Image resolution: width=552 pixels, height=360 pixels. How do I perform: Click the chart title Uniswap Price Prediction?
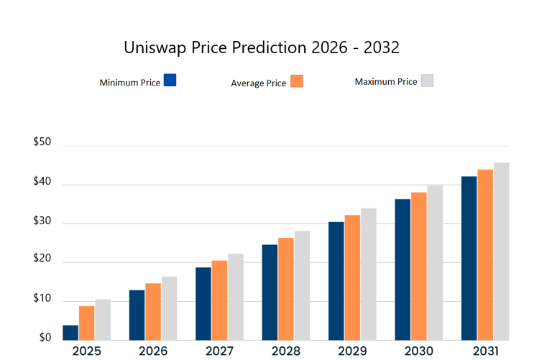[262, 48]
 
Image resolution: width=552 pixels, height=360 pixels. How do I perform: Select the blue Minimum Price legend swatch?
[170, 80]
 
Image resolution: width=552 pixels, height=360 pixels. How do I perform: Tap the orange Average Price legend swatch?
[297, 81]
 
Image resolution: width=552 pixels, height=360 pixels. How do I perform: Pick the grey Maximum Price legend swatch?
[427, 80]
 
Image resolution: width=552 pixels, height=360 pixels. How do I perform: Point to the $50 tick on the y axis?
[42, 142]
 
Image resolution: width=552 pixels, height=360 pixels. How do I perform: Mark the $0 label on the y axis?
[45, 338]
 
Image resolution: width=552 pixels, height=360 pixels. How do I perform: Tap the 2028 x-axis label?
[286, 351]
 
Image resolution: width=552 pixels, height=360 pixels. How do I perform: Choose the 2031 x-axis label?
[485, 351]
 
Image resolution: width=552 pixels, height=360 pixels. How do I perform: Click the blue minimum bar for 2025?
[70, 333]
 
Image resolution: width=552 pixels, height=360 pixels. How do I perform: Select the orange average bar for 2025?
[86, 323]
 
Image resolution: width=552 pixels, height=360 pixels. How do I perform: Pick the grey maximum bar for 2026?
[169, 308]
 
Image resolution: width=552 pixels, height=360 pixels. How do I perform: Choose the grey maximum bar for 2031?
[501, 251]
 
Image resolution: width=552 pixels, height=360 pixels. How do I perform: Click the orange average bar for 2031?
[485, 255]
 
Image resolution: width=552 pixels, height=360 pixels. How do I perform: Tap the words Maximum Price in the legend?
[386, 81]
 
